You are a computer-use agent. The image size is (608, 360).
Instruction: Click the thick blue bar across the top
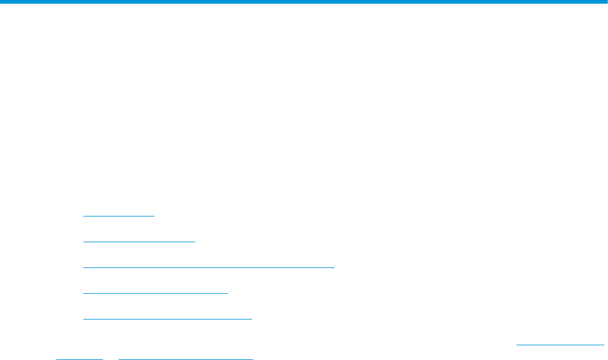point(304,2)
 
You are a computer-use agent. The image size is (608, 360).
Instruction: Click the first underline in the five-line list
point(119,216)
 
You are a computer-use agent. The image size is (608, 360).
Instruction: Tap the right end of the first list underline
point(155,216)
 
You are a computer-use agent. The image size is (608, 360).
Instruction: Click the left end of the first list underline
point(83,216)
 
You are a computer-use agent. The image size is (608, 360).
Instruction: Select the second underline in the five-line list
point(139,242)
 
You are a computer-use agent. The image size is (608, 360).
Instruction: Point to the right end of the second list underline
point(195,242)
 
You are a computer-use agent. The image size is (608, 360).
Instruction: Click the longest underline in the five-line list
point(208,267)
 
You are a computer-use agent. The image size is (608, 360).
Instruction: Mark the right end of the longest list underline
point(334,267)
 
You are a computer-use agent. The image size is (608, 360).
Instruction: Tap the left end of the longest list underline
point(83,267)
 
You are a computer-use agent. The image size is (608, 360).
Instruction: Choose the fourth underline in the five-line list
point(155,293)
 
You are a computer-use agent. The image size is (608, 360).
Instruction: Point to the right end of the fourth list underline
point(227,293)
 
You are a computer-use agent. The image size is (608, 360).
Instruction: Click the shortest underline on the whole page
point(79,358)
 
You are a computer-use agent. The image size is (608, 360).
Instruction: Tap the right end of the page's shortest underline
point(102,358)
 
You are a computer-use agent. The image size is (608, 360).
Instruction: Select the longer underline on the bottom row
point(186,358)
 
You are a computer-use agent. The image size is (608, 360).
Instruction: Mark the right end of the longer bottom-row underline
point(253,358)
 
